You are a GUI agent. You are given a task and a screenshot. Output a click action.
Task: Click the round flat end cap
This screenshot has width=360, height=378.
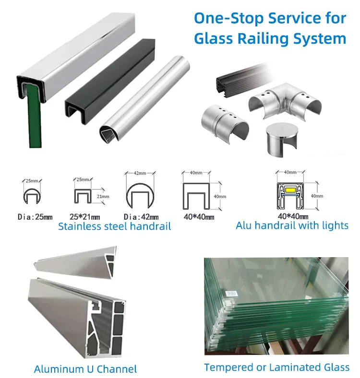pos(283,139)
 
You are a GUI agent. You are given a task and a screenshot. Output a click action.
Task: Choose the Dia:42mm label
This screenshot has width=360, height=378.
pos(141,217)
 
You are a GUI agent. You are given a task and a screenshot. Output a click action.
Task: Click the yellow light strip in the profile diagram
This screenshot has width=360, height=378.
pos(290,190)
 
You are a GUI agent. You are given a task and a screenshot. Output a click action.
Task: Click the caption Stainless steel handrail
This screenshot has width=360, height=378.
pos(114,226)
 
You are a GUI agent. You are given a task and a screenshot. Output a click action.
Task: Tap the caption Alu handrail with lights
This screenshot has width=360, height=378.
pos(292,225)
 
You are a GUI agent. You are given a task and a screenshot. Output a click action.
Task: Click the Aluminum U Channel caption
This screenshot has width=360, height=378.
pos(85,369)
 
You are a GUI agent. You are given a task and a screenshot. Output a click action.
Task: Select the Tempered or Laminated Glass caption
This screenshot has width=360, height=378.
pos(276,367)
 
